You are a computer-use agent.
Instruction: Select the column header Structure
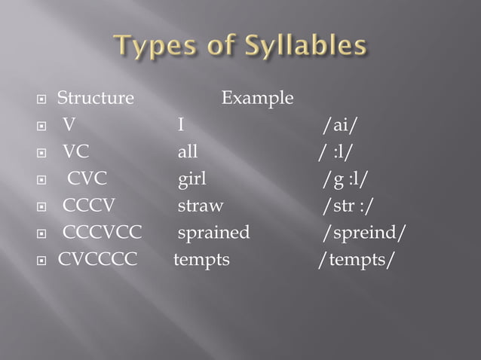[x=96, y=98]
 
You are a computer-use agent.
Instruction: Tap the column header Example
[x=257, y=98]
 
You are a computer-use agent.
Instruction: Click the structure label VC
[x=75, y=151]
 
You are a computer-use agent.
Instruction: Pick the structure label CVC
[x=87, y=178]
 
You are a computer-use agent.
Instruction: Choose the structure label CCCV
[x=89, y=206]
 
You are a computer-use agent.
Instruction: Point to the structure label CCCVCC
[x=102, y=233]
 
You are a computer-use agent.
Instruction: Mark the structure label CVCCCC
[x=98, y=260]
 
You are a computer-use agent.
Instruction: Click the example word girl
[x=191, y=178]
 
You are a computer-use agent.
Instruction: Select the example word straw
[x=200, y=206]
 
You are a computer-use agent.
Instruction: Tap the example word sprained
[x=213, y=233]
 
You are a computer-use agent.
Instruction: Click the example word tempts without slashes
[x=201, y=260]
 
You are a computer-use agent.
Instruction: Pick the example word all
[x=188, y=151]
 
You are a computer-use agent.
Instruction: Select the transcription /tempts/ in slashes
[x=354, y=260]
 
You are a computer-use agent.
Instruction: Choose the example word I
[x=181, y=124]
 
